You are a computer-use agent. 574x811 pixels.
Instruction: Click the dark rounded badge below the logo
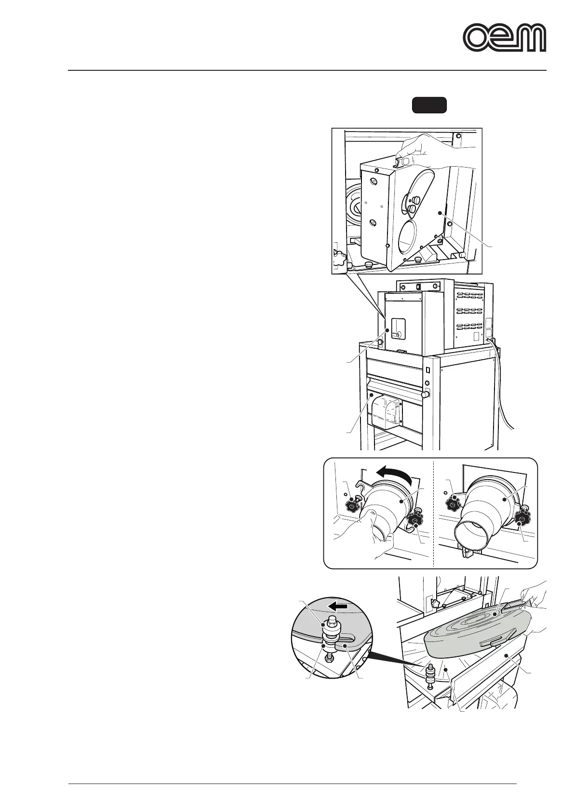tap(429, 105)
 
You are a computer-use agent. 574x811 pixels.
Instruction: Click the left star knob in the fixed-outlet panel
tap(454, 504)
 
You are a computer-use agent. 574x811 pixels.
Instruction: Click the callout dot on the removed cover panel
tap(440, 212)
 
